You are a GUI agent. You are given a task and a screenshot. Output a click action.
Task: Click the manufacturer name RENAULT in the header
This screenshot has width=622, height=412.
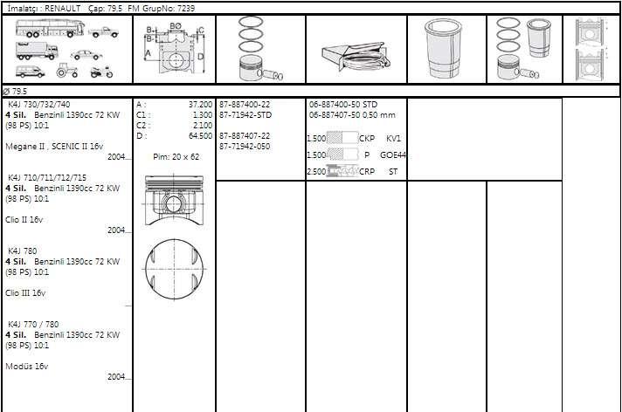[x=62, y=9]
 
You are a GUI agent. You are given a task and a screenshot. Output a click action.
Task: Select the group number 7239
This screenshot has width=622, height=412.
[x=185, y=9]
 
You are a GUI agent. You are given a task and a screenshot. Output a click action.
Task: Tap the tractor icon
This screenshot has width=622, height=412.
[x=67, y=70]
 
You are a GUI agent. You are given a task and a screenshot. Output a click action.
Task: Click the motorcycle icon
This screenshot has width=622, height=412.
[x=101, y=72]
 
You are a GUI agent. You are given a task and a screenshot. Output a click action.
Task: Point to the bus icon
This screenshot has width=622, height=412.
[x=50, y=28]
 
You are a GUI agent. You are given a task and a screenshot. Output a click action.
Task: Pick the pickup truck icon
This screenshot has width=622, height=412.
[x=103, y=32]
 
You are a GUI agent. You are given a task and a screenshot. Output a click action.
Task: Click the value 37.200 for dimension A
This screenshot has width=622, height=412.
[x=200, y=105]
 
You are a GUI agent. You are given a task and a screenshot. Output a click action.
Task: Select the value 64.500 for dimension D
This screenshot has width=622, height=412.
[x=200, y=136]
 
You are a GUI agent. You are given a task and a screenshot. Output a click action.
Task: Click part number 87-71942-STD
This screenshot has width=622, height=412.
[x=245, y=115]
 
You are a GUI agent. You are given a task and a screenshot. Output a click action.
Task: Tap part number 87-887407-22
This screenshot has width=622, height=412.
[x=245, y=136]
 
